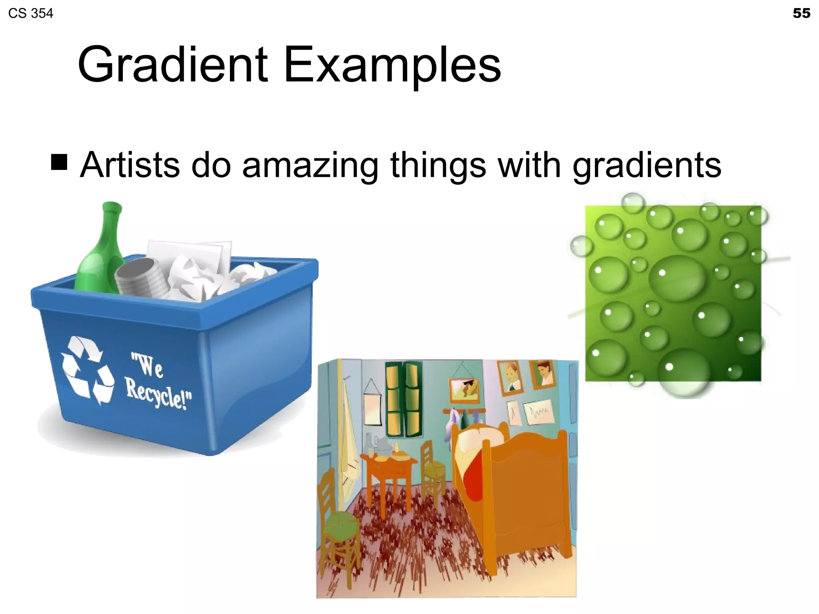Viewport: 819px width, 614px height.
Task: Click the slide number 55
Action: click(x=801, y=13)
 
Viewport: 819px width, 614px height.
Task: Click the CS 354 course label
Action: click(x=30, y=14)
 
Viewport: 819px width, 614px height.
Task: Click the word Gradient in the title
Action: click(x=172, y=64)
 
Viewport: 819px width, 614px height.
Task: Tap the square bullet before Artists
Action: click(x=59, y=162)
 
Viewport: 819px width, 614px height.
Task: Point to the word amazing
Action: click(x=310, y=166)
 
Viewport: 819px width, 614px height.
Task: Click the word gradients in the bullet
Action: click(x=647, y=166)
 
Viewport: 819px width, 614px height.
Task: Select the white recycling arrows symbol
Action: click(x=86, y=369)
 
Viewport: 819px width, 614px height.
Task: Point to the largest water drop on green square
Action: click(x=677, y=277)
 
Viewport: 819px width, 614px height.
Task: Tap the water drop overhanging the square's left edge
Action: click(x=581, y=245)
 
